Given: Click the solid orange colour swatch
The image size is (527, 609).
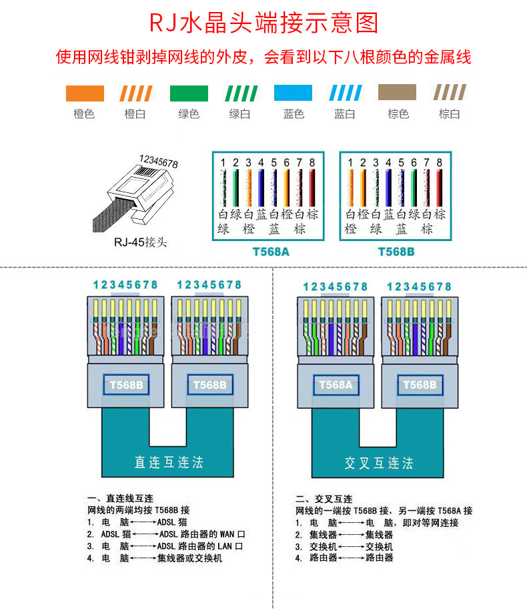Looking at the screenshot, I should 84,93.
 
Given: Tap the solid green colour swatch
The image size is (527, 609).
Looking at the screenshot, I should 189,93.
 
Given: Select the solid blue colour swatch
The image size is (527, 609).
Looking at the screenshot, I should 293,93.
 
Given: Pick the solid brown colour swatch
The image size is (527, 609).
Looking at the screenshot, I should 397,93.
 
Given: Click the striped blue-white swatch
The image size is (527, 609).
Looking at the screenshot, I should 345,93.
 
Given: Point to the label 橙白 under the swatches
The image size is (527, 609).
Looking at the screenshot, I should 135,114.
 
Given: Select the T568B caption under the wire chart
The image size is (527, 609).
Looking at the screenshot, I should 396,252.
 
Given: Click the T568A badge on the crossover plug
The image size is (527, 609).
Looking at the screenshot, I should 336,385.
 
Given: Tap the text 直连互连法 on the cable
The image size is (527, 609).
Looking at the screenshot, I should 168,462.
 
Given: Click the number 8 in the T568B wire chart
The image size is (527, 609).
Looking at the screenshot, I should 440,162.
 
